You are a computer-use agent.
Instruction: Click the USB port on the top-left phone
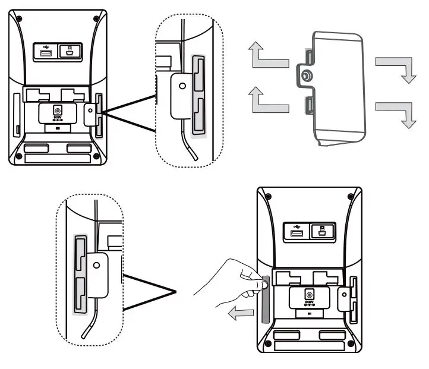45,54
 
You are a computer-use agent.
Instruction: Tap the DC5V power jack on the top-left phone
57,111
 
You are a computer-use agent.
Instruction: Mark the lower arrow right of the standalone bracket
396,111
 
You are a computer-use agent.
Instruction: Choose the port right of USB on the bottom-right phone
321,231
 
